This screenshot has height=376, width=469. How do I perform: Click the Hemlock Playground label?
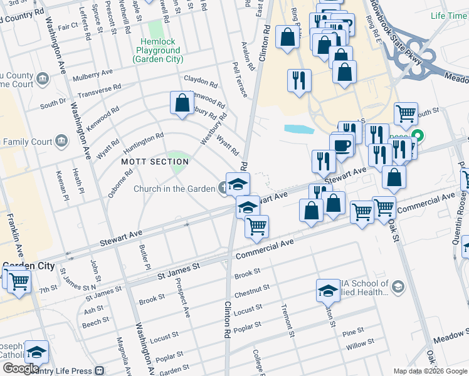[157, 55]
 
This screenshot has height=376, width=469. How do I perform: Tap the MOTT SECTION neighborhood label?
[155, 162]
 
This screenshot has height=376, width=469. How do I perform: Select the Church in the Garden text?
[174, 189]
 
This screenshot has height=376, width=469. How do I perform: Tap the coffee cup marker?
[342, 146]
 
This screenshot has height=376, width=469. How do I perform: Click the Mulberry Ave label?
[91, 76]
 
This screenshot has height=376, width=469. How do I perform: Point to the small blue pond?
[298, 130]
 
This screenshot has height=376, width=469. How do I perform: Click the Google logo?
[20, 368]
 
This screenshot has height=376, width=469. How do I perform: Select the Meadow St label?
[451, 340]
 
